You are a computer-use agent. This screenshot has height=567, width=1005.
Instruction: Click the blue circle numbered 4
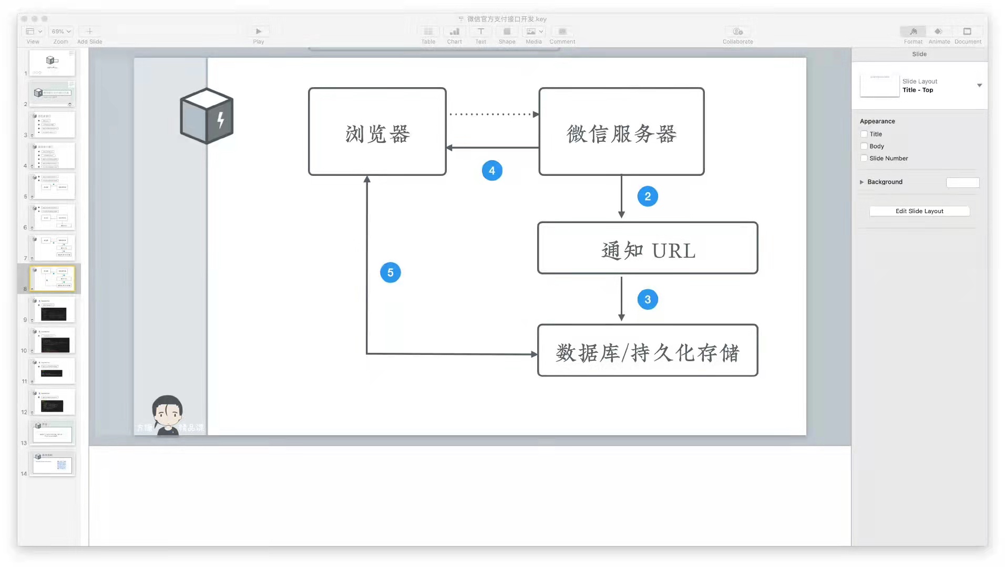pyautogui.click(x=492, y=171)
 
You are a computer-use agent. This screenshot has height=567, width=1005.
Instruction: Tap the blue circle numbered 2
pyautogui.click(x=648, y=196)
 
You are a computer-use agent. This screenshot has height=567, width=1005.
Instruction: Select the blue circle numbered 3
pyautogui.click(x=648, y=299)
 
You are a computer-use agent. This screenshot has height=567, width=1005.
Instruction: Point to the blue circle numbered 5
pyautogui.click(x=390, y=272)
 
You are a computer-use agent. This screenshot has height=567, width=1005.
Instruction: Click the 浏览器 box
pyautogui.click(x=377, y=132)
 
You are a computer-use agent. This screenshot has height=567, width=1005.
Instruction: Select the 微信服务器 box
pyautogui.click(x=621, y=132)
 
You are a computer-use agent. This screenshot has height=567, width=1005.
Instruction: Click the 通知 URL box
pyautogui.click(x=648, y=248)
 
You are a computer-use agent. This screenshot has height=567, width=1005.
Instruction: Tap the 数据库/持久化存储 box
pyautogui.click(x=648, y=351)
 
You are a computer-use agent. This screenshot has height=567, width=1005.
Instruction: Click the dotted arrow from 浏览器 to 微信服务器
pyautogui.click(x=493, y=114)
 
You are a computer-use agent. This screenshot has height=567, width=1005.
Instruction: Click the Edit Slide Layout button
pyautogui.click(x=919, y=211)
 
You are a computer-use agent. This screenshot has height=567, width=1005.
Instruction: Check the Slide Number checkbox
pyautogui.click(x=864, y=158)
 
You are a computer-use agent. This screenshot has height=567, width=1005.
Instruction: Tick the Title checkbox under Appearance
pyautogui.click(x=864, y=134)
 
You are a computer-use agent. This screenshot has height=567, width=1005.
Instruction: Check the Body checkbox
pyautogui.click(x=864, y=146)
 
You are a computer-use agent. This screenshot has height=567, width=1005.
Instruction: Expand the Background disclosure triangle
pyautogui.click(x=862, y=182)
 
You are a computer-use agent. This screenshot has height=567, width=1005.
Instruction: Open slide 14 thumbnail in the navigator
pyautogui.click(x=53, y=464)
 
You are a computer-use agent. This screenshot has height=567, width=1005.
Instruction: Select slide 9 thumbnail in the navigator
pyautogui.click(x=53, y=310)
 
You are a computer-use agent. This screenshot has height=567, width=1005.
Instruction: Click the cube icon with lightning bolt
pyautogui.click(x=207, y=116)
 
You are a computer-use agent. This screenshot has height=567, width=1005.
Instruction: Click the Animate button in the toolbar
pyautogui.click(x=939, y=35)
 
